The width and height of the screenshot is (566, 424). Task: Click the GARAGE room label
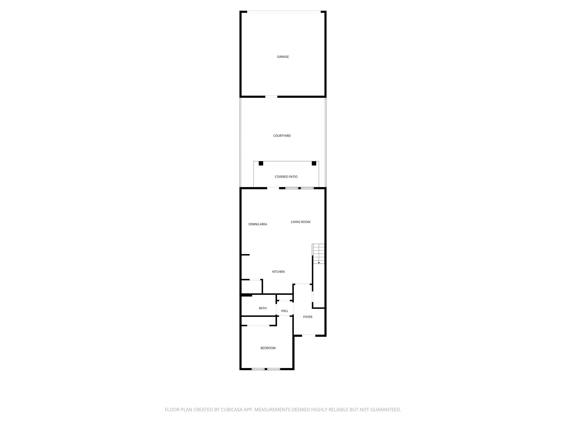click(x=283, y=57)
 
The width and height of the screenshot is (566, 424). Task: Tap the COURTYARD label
click(x=282, y=136)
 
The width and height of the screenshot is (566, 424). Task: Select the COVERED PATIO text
click(x=286, y=177)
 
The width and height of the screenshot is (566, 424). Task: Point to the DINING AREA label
click(x=258, y=224)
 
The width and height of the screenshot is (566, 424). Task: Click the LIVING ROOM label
click(x=300, y=222)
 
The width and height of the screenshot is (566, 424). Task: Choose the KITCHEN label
click(x=278, y=272)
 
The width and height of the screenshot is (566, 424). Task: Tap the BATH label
click(x=263, y=308)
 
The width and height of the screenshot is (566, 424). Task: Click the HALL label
click(x=284, y=311)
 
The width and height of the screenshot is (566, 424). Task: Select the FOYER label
click(x=308, y=317)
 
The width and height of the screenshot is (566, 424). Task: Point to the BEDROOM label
click(x=268, y=348)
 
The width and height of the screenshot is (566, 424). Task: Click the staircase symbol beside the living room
click(x=318, y=253)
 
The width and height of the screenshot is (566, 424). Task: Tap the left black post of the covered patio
click(x=261, y=163)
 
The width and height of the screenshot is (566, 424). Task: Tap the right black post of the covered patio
click(x=314, y=163)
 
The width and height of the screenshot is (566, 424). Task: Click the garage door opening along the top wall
click(x=284, y=12)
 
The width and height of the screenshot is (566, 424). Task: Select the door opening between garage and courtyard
click(x=271, y=97)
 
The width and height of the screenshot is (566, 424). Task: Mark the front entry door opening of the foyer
click(x=309, y=335)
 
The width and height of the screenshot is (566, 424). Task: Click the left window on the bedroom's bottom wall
click(x=258, y=369)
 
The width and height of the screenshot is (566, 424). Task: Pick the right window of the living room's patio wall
click(x=307, y=188)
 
